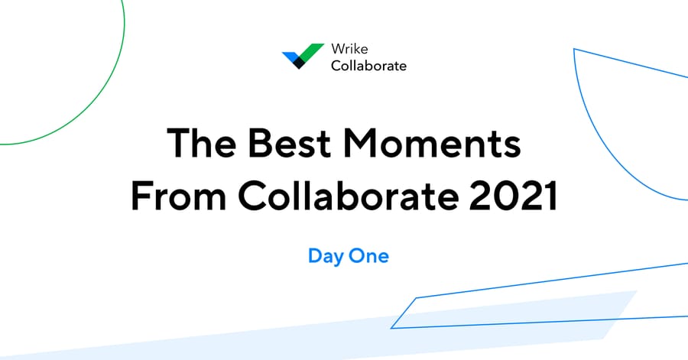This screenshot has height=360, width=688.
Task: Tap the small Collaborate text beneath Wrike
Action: pos(368,66)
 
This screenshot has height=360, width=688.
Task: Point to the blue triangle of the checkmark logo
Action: pos(290,56)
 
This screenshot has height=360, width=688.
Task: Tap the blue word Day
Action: pos(325,256)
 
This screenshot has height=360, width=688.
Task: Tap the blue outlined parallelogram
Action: pos(405,313)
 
